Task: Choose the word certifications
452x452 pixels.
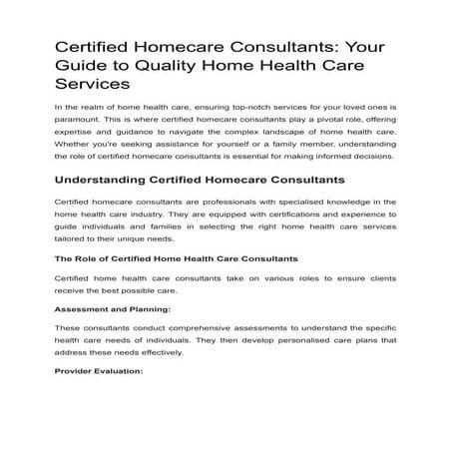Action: click(288, 226)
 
